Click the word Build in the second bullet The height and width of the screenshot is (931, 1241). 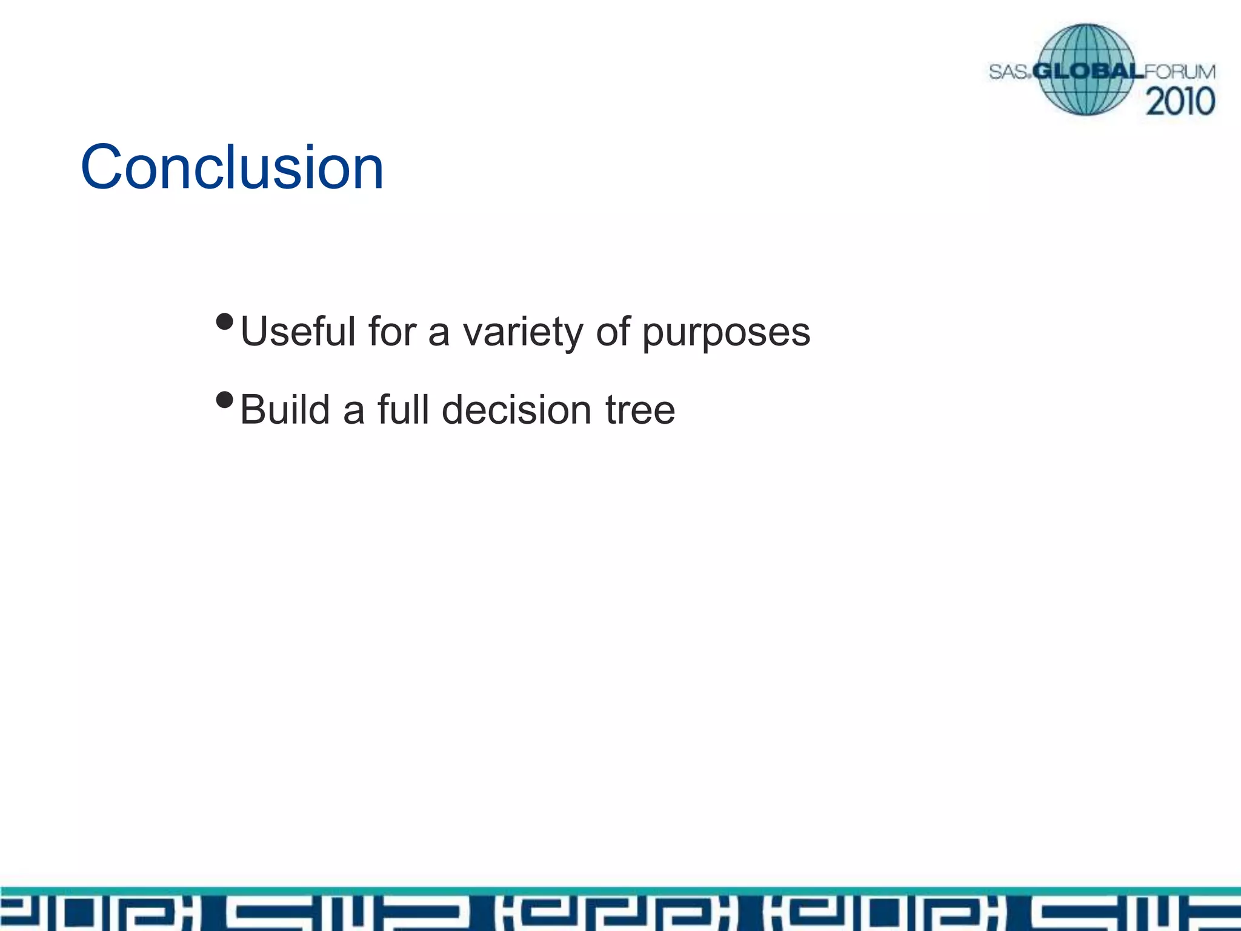point(285,410)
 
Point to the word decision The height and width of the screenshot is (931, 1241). point(516,410)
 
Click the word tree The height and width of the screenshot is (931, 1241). point(640,410)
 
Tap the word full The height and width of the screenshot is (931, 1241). point(403,410)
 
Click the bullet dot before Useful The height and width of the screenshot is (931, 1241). point(224,322)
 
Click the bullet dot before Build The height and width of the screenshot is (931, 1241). point(224,400)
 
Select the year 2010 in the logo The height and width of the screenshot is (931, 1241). point(1180,101)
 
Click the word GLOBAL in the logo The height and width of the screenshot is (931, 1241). point(1088,72)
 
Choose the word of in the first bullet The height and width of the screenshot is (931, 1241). point(613,332)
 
